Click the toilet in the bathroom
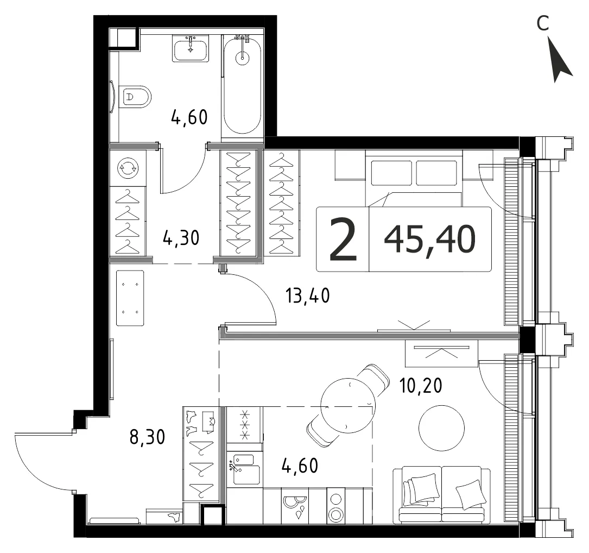(x=135, y=97)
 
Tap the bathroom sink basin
(x=191, y=49)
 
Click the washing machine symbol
(x=128, y=168)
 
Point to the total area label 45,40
(x=430, y=239)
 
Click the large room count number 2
(x=343, y=240)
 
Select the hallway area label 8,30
(x=147, y=438)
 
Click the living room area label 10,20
(x=421, y=385)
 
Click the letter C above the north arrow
(x=543, y=23)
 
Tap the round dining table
(x=348, y=405)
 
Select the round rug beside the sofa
(x=441, y=428)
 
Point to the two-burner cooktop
(x=335, y=505)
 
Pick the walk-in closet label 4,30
(x=181, y=238)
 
